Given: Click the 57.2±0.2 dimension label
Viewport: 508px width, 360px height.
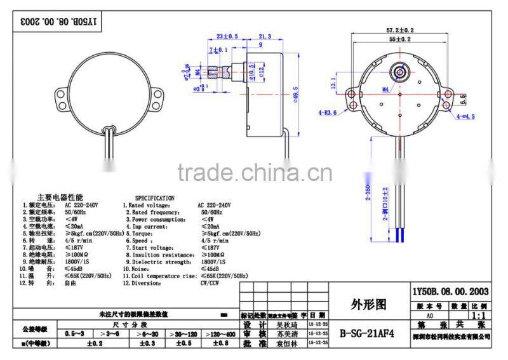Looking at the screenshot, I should click(x=401, y=30).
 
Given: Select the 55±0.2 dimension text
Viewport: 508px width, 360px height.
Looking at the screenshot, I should click(x=401, y=39).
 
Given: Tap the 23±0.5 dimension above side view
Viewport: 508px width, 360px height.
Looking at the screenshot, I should click(x=226, y=36).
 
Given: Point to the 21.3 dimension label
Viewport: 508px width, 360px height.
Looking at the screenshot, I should click(x=264, y=36).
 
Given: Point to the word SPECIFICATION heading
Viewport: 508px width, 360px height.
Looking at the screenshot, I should click(x=154, y=198).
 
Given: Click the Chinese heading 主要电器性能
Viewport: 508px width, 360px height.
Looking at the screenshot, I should click(x=60, y=198).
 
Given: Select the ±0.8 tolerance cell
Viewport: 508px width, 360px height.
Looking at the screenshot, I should click(x=218, y=343).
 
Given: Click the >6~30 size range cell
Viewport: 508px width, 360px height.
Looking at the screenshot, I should click(x=149, y=333).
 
